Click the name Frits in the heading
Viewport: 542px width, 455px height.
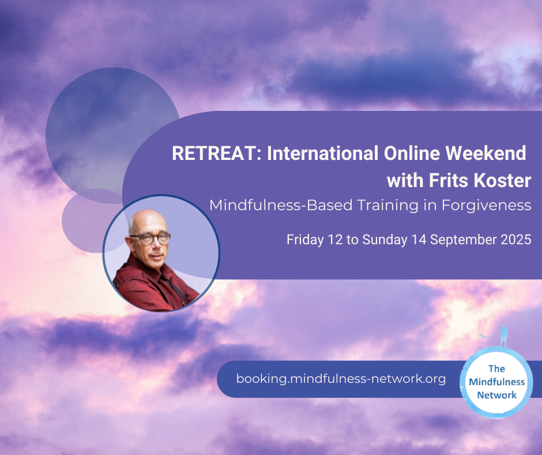point(449,180)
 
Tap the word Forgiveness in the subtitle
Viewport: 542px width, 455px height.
point(486,206)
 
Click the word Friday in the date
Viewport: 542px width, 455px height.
point(305,240)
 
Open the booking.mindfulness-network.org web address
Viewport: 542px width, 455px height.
point(341,379)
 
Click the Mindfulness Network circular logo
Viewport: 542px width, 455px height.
point(496,382)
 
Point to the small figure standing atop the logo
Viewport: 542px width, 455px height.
point(503,335)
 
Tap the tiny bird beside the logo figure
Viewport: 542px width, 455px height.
point(483,337)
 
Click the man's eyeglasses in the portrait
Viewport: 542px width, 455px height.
point(150,238)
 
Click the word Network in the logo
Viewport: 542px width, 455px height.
point(496,395)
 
